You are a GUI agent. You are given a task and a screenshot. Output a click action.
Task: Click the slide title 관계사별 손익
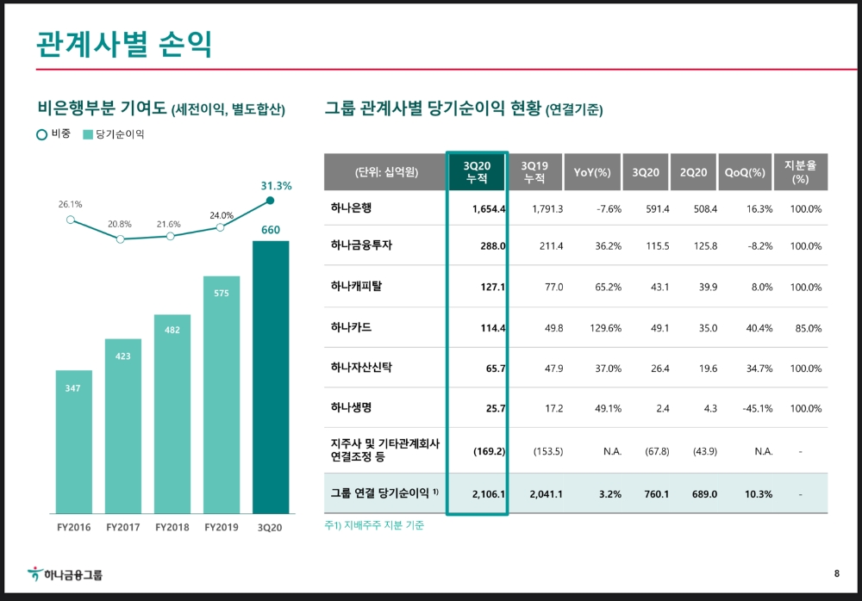(125, 43)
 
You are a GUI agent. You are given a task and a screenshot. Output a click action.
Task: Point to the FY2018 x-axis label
(172, 526)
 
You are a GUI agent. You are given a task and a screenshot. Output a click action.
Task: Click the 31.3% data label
(276, 185)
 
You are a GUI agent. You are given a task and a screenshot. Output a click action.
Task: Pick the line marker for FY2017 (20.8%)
(120, 239)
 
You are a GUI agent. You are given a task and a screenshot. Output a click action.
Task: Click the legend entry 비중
(54, 134)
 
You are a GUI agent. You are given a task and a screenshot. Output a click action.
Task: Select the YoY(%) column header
(592, 172)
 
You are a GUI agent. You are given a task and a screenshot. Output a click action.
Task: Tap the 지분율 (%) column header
(800, 171)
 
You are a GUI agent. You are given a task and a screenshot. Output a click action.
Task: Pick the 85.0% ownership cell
(806, 328)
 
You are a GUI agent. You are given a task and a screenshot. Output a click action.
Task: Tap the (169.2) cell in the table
(489, 449)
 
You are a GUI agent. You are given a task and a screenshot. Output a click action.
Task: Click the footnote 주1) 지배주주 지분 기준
(374, 525)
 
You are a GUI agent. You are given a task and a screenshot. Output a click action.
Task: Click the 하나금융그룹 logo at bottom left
(66, 574)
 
